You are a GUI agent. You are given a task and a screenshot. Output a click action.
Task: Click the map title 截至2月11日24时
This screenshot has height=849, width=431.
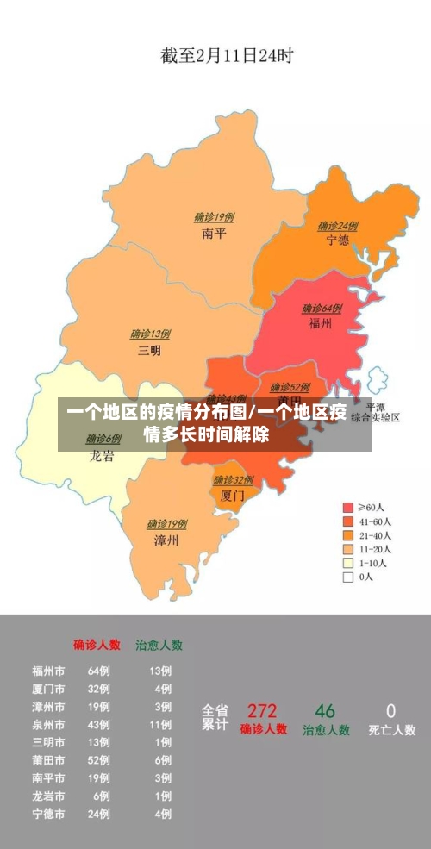[x=227, y=56]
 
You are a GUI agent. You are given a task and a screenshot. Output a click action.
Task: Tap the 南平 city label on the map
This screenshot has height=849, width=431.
[x=214, y=233]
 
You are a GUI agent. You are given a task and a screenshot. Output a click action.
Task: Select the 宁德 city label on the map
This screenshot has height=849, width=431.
[x=337, y=240]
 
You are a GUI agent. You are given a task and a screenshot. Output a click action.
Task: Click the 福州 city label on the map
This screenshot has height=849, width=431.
[x=321, y=323]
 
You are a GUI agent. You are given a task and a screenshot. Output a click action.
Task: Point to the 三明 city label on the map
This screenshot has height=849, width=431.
[x=149, y=350]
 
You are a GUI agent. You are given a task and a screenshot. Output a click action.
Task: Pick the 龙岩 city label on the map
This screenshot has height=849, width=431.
[x=102, y=456]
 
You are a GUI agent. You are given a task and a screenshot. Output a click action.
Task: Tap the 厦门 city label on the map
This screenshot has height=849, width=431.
[x=233, y=496]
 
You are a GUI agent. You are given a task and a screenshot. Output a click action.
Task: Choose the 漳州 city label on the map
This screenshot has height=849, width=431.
[x=166, y=540]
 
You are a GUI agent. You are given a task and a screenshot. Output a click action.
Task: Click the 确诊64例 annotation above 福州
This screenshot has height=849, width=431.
[x=322, y=308]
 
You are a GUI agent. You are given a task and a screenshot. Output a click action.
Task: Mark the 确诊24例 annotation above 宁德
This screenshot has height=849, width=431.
[x=338, y=226]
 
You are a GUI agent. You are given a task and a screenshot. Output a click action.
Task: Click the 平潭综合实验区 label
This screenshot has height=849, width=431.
[x=375, y=412]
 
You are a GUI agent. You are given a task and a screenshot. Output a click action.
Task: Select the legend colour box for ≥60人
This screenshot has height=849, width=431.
[x=348, y=508]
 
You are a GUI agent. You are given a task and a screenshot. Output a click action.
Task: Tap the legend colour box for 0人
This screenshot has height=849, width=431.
[x=348, y=577]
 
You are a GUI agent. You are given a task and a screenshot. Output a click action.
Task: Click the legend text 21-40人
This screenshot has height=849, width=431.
[x=375, y=535]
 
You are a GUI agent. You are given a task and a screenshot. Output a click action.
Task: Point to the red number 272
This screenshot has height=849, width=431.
[x=262, y=711]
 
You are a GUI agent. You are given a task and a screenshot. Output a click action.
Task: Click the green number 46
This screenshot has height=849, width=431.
[x=325, y=711]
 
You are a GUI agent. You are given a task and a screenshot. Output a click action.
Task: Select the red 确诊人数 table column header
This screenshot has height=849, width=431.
[x=97, y=644]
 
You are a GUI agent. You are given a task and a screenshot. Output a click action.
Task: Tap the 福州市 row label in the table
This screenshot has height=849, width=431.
[x=48, y=671]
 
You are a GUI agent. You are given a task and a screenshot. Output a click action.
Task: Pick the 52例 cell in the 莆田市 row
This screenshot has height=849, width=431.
[x=99, y=759]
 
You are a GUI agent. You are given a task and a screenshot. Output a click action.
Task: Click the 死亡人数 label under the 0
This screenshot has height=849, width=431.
[x=391, y=730]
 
